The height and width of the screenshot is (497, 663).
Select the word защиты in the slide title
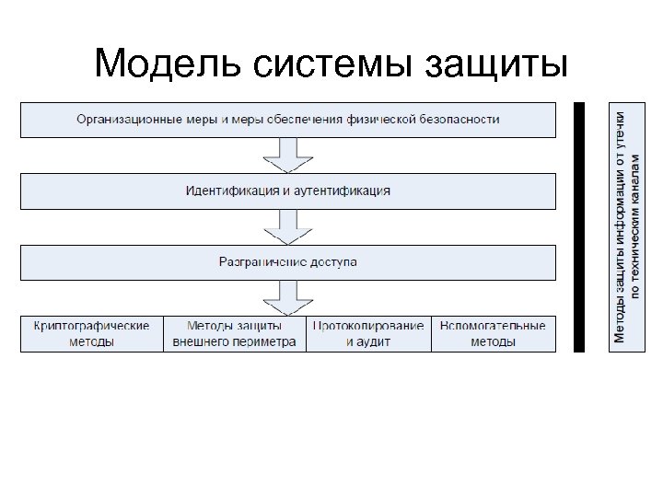point(497,64)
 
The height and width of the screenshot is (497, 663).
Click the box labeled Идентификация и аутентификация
point(288,191)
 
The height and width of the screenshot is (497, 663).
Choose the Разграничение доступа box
point(288,262)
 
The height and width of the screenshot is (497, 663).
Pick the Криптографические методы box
point(92,333)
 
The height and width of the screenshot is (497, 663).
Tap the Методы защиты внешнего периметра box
point(235,333)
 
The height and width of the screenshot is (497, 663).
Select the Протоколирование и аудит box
point(368,333)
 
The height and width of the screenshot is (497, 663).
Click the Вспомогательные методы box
point(494,333)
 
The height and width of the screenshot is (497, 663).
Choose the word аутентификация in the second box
point(344,191)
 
